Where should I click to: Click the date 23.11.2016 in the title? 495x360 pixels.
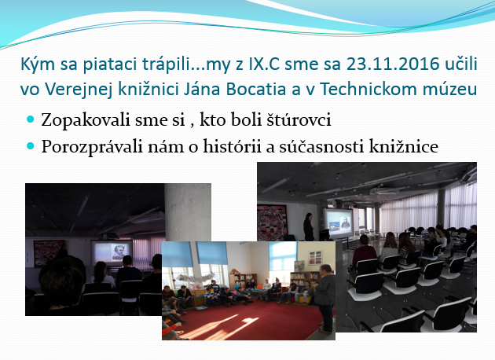point(389,64)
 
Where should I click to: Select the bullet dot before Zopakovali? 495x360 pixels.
point(31,119)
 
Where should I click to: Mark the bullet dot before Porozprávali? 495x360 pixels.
point(31,145)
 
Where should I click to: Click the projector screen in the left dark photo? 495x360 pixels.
point(112,252)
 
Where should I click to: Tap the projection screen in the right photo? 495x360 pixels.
point(339,222)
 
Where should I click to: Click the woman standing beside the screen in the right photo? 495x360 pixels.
point(309,226)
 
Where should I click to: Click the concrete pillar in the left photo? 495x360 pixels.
point(188,212)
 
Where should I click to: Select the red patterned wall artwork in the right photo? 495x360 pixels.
point(272,222)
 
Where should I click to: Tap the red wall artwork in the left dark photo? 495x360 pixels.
point(49,252)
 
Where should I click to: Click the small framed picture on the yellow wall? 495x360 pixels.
point(315,257)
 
